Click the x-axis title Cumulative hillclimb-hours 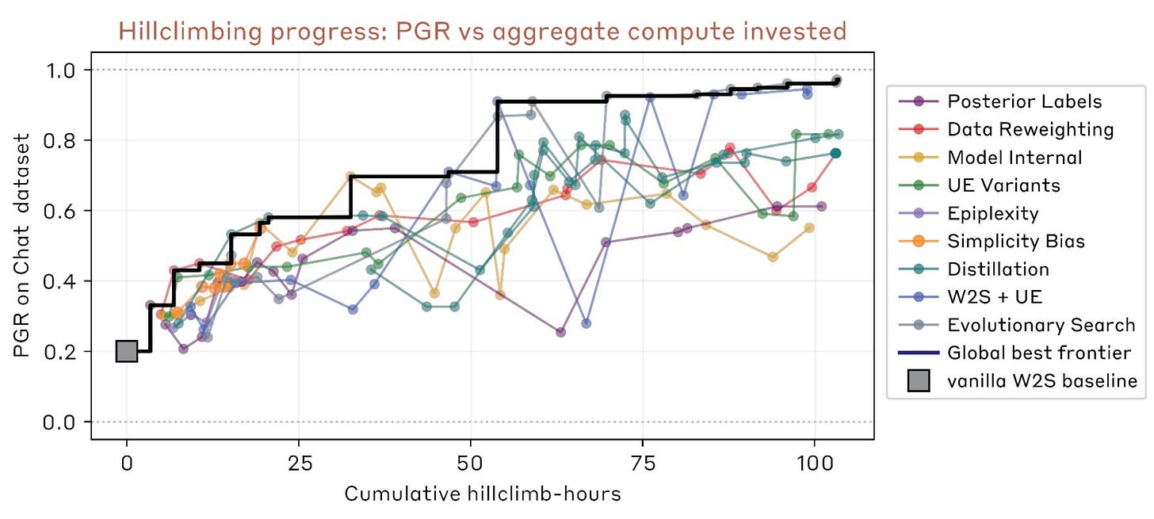click(x=482, y=494)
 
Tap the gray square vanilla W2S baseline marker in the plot click(x=127, y=351)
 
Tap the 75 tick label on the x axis click(x=643, y=462)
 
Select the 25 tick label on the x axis click(x=299, y=462)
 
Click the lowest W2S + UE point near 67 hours click(x=587, y=323)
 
